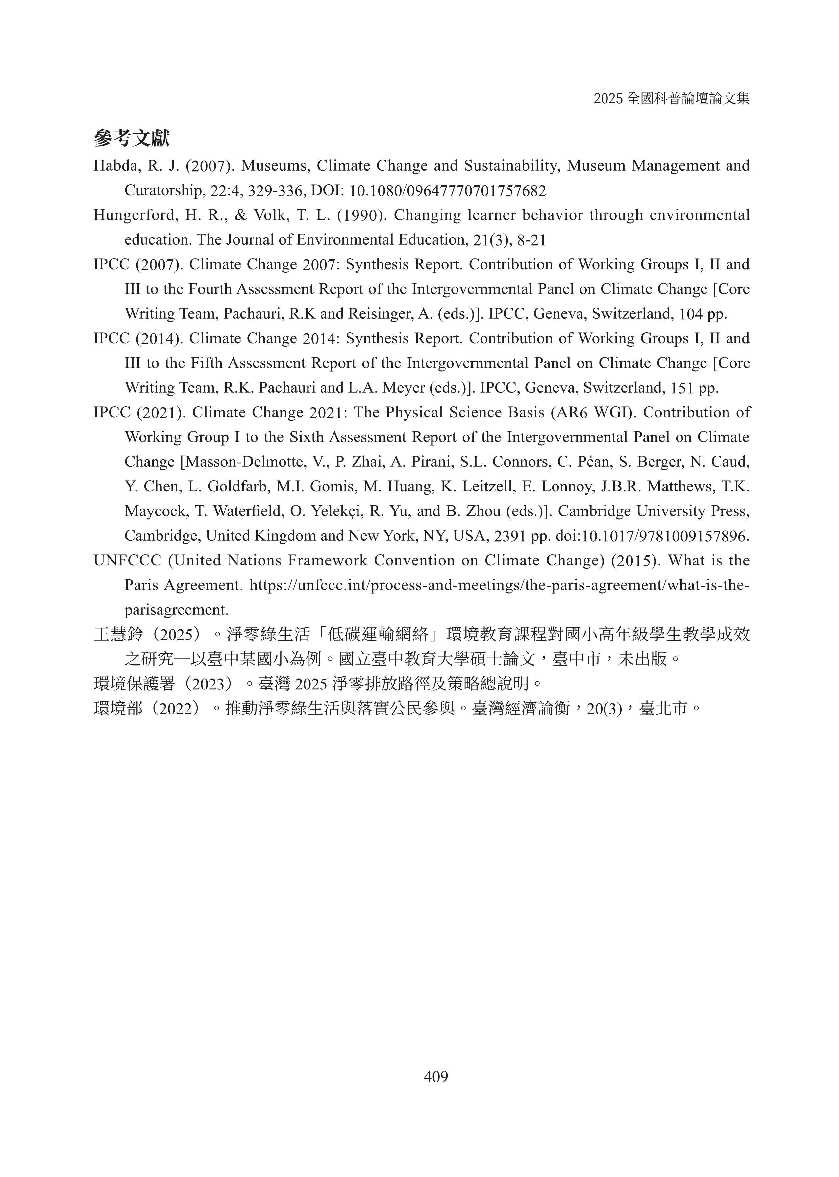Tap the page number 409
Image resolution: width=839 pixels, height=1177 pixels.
(435, 1076)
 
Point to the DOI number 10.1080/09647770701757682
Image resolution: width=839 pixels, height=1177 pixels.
(447, 191)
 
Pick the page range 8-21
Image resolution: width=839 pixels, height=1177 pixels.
(531, 240)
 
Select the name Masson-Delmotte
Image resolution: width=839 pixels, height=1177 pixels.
(245, 462)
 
